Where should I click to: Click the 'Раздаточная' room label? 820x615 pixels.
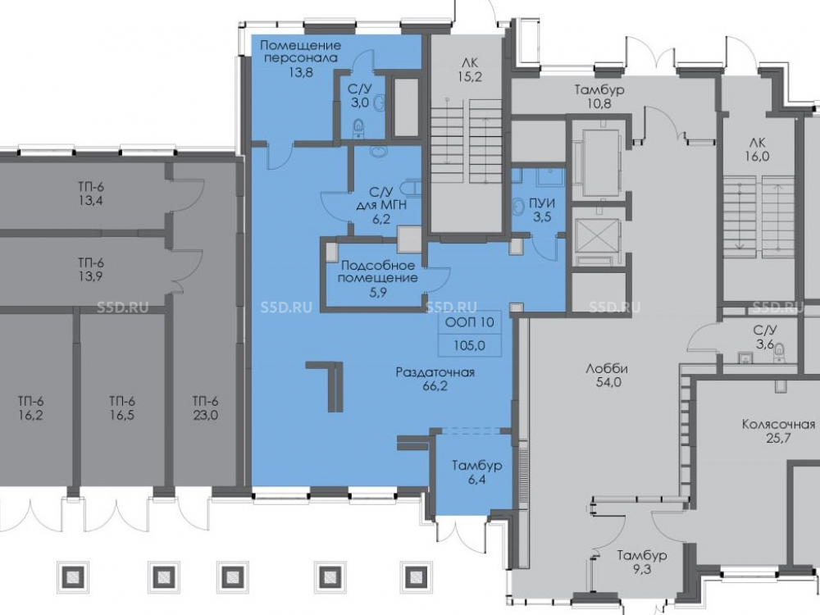[435, 372]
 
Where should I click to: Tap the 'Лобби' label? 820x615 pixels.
[607, 369]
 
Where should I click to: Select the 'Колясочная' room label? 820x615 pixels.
[779, 424]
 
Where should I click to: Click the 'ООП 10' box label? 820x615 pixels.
[469, 322]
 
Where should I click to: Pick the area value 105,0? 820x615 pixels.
[469, 345]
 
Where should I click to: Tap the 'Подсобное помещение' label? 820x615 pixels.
[377, 271]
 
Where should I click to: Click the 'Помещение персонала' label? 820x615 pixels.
[300, 51]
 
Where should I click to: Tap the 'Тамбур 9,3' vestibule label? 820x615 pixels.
[641, 562]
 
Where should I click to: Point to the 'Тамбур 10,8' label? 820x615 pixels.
[599, 96]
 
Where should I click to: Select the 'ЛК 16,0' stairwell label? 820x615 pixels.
[757, 149]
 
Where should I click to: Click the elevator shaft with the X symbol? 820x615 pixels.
[596, 235]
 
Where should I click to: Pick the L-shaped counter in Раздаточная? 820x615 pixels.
[329, 385]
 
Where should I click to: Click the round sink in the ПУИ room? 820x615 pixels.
[518, 206]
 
